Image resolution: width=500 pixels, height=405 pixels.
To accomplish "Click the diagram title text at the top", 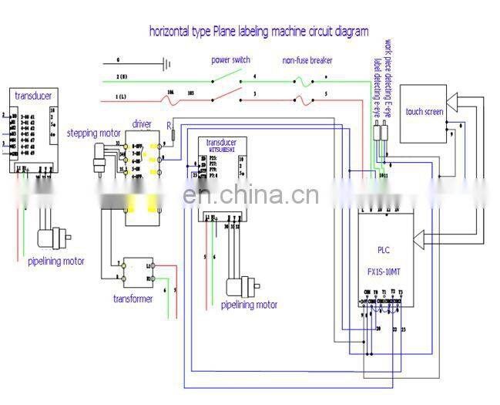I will coord(258,32).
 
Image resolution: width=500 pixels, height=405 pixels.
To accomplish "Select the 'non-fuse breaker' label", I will coord(307,60).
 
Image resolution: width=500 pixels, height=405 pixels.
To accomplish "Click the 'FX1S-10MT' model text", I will coord(385,272).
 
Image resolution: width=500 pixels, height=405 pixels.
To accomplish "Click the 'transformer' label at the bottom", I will coord(133,299).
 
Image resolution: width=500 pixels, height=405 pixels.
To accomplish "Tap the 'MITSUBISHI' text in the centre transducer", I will coord(221,150).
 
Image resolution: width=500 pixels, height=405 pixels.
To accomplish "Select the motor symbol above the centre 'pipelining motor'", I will coord(240,286).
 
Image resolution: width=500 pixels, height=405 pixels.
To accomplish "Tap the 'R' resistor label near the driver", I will coord(169,124).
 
